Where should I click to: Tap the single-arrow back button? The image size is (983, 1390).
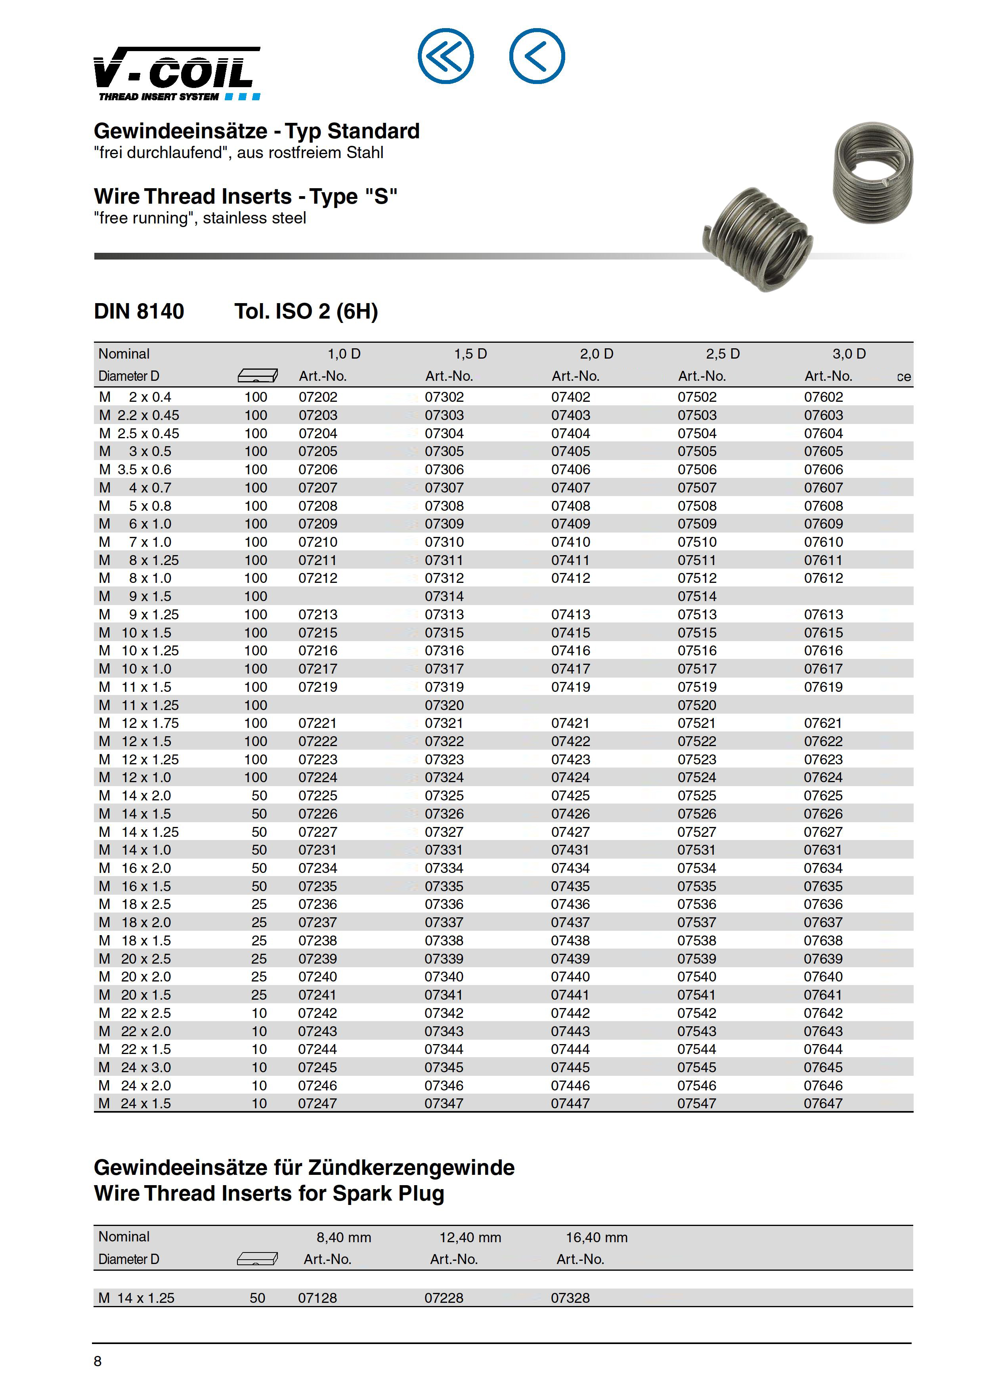537,56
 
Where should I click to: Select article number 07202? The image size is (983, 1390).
318,397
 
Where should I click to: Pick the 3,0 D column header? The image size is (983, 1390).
849,353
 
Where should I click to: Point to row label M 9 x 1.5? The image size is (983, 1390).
135,596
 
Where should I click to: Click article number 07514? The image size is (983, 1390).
696,596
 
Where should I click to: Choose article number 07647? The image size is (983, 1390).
823,1104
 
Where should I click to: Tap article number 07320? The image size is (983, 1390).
444,705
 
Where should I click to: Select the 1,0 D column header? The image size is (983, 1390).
344,353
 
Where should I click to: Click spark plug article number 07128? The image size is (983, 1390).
317,1298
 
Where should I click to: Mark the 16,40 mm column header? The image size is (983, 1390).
597,1237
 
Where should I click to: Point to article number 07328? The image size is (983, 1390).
570,1298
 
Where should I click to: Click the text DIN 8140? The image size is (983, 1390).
139,311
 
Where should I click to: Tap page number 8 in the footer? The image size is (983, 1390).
98,1361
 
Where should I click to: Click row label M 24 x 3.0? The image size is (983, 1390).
135,1067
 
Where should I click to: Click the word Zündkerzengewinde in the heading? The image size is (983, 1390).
411,1167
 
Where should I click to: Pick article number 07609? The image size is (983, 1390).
823,524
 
